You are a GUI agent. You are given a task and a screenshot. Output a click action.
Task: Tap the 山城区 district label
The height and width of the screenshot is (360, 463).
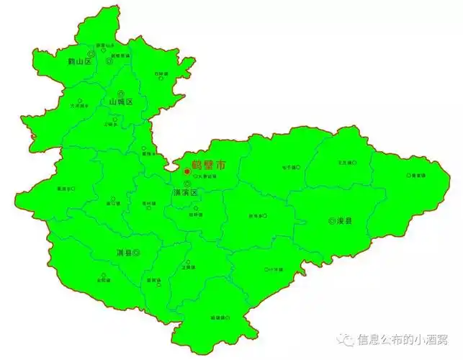click(x=120, y=102)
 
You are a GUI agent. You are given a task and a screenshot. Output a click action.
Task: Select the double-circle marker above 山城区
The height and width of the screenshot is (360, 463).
click(x=120, y=94)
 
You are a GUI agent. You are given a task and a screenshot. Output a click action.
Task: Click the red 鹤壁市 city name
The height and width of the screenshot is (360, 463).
click(x=209, y=166)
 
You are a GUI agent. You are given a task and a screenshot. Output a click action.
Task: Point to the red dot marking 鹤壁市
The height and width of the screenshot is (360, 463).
click(x=186, y=171)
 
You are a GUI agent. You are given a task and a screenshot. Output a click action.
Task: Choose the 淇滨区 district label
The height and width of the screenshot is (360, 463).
click(x=186, y=194)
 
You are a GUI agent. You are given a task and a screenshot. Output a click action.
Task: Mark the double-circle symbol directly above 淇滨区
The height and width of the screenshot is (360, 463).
click(x=187, y=184)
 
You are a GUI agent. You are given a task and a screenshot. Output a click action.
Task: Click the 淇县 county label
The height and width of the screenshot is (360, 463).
click(x=124, y=253)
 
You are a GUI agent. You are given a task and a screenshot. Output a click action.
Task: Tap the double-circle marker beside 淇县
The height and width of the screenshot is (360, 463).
click(x=136, y=253)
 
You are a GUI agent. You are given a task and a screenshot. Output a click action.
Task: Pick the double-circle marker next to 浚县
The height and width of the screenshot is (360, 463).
click(x=332, y=221)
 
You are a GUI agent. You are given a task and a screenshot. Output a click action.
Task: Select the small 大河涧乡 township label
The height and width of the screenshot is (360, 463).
click(x=78, y=106)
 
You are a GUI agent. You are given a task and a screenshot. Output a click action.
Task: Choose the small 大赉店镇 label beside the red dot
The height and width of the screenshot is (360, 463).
click(x=206, y=176)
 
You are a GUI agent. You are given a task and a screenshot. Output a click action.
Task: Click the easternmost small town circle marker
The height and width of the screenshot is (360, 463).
click(x=408, y=175)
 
